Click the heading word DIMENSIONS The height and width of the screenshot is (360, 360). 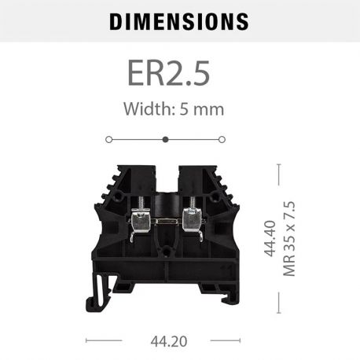click(179, 21)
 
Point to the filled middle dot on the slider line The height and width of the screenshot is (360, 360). click(165, 139)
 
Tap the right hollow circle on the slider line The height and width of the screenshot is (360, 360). click(222, 139)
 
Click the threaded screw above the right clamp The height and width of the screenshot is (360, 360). click(191, 200)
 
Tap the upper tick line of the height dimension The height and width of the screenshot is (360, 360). click(280, 164)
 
